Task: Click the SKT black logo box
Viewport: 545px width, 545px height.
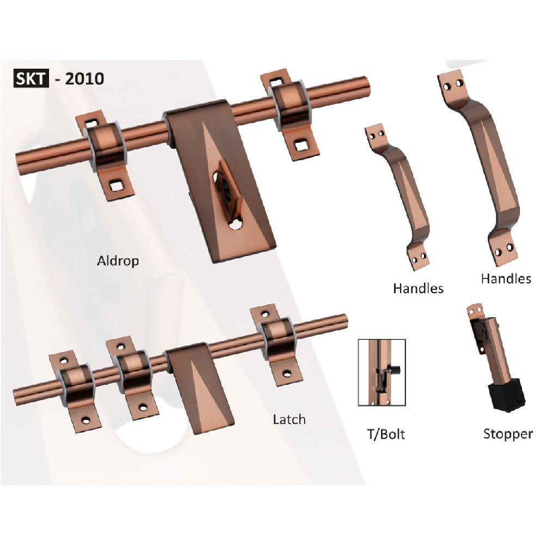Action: (x=31, y=78)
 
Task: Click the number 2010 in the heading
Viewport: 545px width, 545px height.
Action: (x=84, y=78)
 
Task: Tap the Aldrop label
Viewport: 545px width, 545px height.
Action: (x=118, y=261)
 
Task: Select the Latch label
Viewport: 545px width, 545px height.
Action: (x=289, y=419)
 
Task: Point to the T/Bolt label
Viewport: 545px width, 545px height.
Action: (x=386, y=434)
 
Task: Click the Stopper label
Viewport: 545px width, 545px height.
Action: (x=508, y=434)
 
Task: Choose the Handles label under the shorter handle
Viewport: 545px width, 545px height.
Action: (x=418, y=288)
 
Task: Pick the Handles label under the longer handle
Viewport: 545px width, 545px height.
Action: (x=506, y=278)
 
